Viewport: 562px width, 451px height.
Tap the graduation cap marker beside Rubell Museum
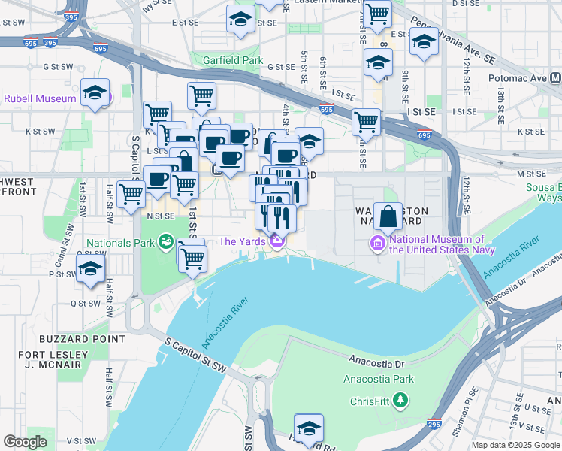pos(95,93)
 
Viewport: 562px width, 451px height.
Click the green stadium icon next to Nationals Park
pos(165,242)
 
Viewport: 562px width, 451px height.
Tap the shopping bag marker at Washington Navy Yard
pos(388,217)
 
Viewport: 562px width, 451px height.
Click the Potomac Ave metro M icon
pos(555,78)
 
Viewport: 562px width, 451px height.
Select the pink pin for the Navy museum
pos(376,244)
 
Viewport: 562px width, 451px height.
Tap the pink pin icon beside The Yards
pos(277,241)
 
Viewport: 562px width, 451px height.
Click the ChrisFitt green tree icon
pos(401,401)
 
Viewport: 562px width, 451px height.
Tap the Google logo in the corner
pos(25,442)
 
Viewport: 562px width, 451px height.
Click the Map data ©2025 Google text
pos(515,445)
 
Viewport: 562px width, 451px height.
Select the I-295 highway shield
pos(434,425)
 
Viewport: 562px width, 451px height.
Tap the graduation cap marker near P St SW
pos(90,271)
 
